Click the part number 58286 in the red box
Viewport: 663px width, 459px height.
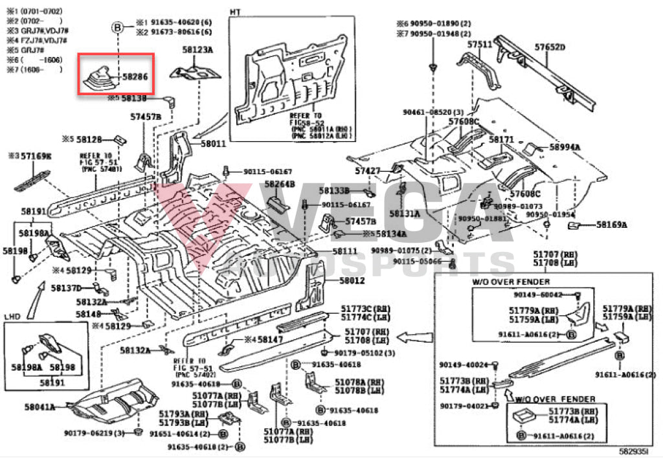pyautogui.click(x=135, y=76)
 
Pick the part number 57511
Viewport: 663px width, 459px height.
pyautogui.click(x=480, y=44)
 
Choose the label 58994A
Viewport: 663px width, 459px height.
pyautogui.click(x=565, y=147)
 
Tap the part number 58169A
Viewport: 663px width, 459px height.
pyautogui.click(x=612, y=225)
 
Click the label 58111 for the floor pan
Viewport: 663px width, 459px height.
pyautogui.click(x=345, y=251)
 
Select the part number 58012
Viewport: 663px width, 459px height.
pyautogui.click(x=353, y=280)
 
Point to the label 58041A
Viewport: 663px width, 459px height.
pyautogui.click(x=39, y=407)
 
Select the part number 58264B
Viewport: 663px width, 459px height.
pyautogui.click(x=279, y=184)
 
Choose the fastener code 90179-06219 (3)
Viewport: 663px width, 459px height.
pyautogui.click(x=96, y=432)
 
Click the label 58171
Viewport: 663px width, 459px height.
pyautogui.click(x=500, y=139)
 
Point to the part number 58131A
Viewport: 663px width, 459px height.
pyautogui.click(x=405, y=213)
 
